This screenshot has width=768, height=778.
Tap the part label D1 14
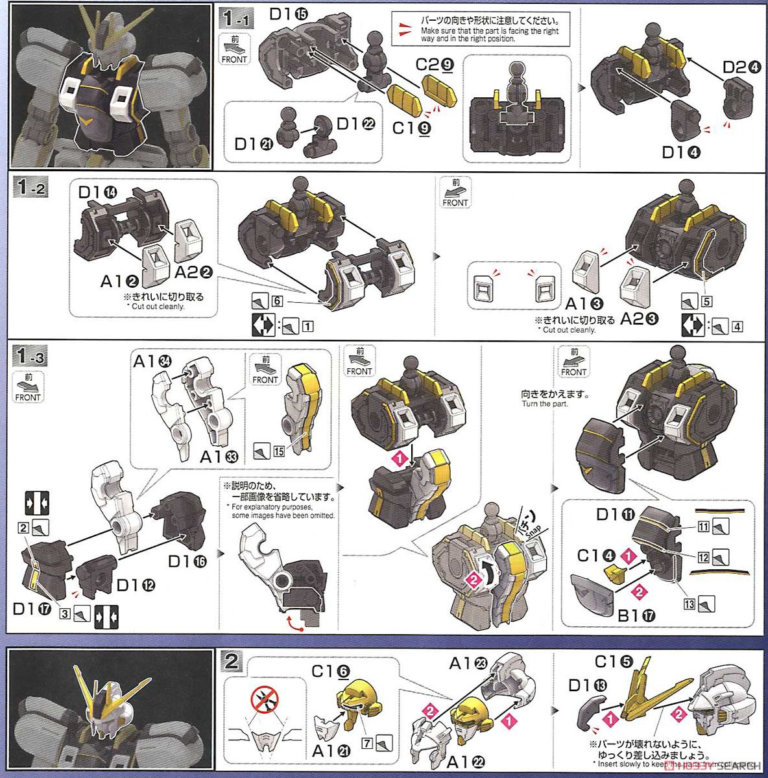point(98,193)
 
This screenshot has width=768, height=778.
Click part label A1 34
point(152,362)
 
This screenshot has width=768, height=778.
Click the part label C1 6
point(330,671)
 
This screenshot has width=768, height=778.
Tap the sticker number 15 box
point(278,451)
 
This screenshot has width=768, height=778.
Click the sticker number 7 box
point(367,743)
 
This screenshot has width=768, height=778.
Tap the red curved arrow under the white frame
point(289,623)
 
